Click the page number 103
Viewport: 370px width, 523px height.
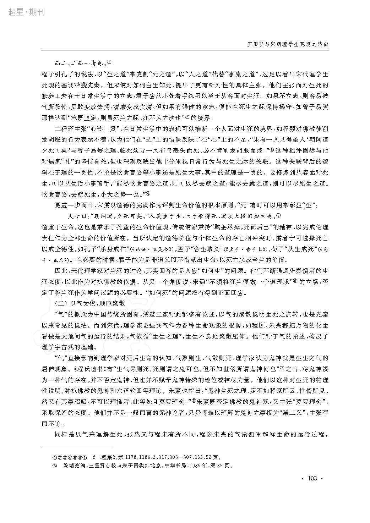coord(312,479)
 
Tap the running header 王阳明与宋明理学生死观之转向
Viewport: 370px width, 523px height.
coord(287,45)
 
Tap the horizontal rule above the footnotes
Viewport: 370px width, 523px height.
coord(77,447)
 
